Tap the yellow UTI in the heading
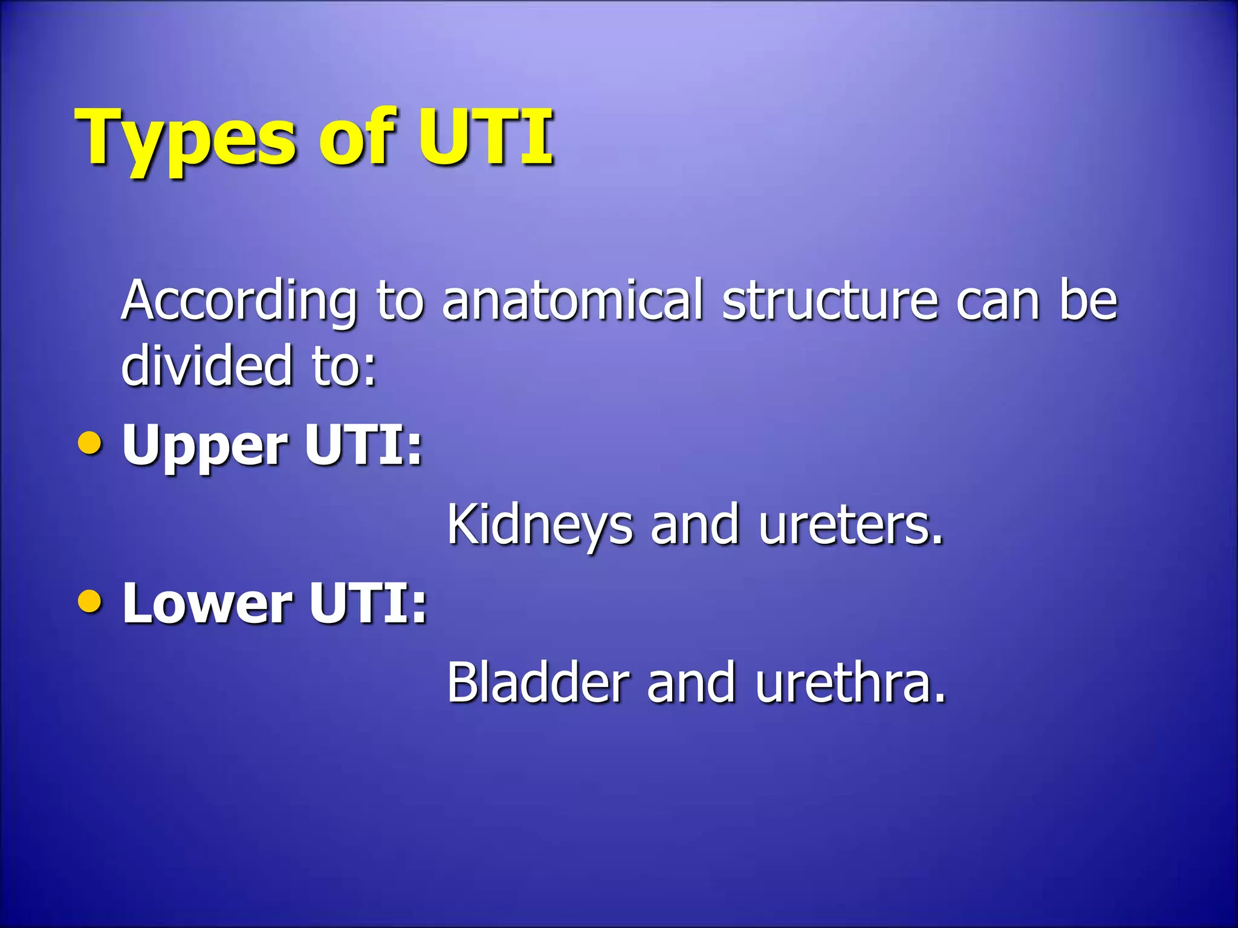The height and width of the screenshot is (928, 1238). coord(485,138)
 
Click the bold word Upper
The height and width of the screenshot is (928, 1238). coord(205,447)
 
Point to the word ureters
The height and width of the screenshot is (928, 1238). coord(850,525)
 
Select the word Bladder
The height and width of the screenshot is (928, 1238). coord(538,683)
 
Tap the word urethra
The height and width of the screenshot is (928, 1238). coord(849,683)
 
